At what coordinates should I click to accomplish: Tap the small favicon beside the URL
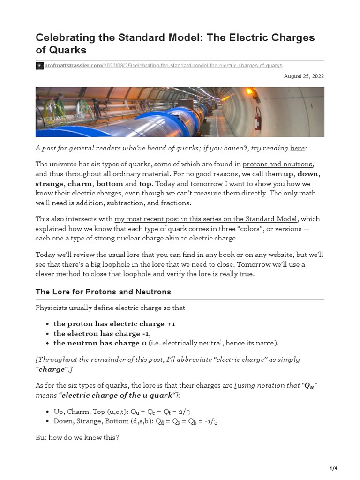coord(39,66)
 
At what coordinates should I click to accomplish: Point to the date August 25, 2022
coord(304,76)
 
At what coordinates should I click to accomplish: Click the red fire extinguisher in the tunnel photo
coord(257,118)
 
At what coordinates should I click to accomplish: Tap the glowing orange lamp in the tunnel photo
coord(249,92)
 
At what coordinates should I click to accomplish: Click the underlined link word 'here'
coord(297,148)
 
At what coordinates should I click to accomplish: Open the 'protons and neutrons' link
coord(277,164)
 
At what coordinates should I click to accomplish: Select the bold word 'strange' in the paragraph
coord(50,184)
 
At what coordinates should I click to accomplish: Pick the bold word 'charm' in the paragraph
coord(79,184)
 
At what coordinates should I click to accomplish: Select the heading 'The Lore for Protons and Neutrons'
coord(103,292)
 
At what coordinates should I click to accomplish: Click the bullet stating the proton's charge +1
coord(114,323)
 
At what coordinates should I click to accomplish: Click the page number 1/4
coord(334,468)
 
